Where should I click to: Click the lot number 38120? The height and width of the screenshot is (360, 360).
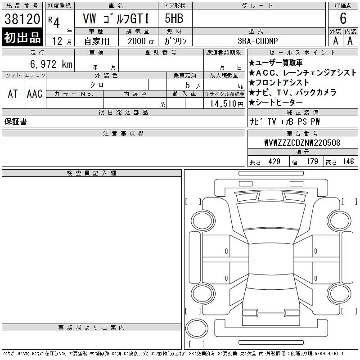pyautogui.click(x=22, y=18)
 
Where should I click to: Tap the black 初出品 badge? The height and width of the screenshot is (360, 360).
pyautogui.click(x=22, y=37)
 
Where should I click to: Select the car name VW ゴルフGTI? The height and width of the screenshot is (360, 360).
pyautogui.click(x=116, y=18)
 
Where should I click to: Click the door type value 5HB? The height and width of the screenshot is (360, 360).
pyautogui.click(x=174, y=18)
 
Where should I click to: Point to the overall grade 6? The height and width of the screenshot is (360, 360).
pyautogui.click(x=343, y=18)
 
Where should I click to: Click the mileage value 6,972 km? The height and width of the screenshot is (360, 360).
pyautogui.click(x=51, y=64)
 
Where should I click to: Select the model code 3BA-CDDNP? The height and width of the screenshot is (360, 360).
pyautogui.click(x=257, y=41)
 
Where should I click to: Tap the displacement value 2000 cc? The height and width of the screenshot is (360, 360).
pyautogui.click(x=141, y=41)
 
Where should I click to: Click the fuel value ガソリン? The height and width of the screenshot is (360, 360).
pyautogui.click(x=175, y=41)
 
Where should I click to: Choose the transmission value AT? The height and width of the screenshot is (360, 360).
pyautogui.click(x=13, y=94)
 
